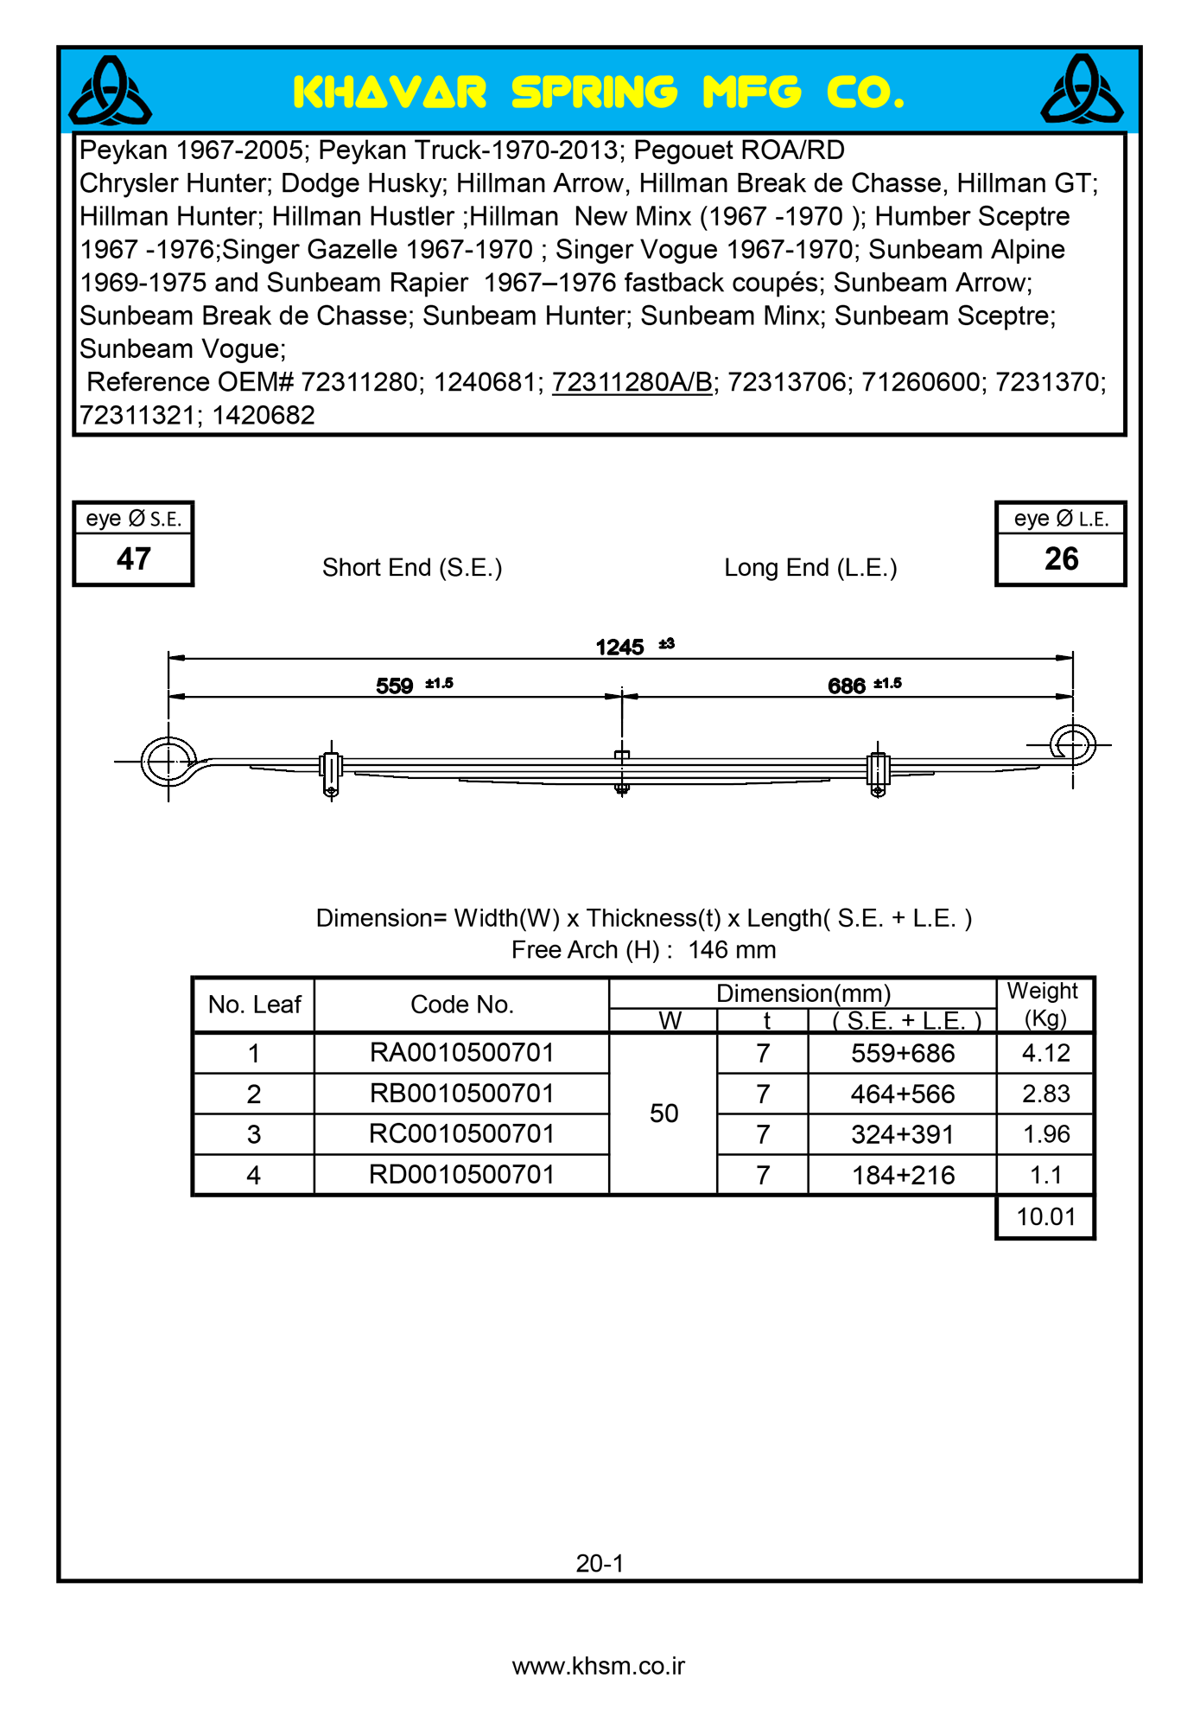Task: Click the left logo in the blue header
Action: click(x=111, y=91)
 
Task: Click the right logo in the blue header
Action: click(x=1082, y=90)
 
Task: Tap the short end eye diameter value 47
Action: click(x=133, y=559)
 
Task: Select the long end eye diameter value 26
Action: click(x=1061, y=559)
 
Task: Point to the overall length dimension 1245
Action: click(x=619, y=647)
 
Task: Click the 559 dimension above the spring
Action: click(x=395, y=686)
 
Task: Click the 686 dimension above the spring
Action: click(x=846, y=686)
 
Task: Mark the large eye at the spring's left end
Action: click(x=168, y=762)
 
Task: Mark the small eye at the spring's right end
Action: click(x=1073, y=744)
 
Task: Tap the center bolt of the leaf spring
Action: click(x=622, y=770)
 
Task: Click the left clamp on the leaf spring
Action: click(x=331, y=769)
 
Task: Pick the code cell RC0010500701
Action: click(x=461, y=1133)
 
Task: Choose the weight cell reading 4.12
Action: click(x=1045, y=1053)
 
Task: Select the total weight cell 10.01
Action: click(x=1045, y=1217)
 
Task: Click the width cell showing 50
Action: click(x=663, y=1113)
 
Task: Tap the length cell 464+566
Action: click(x=903, y=1094)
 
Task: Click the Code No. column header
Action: click(x=461, y=1005)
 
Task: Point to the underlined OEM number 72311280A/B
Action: click(x=632, y=382)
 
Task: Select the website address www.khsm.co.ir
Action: click(x=599, y=1666)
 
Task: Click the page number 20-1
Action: click(x=600, y=1563)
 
